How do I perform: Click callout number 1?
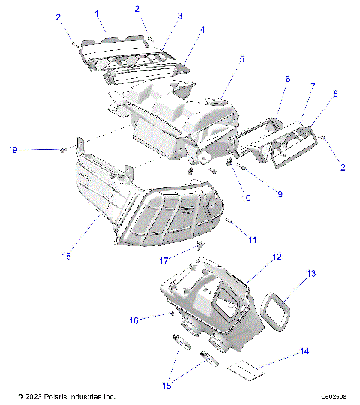(96, 13)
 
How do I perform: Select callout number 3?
(179, 15)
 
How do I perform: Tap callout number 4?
(202, 30)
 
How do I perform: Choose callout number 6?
(287, 78)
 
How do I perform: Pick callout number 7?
(313, 86)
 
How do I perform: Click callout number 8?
(335, 94)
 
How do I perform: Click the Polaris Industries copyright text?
(66, 396)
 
